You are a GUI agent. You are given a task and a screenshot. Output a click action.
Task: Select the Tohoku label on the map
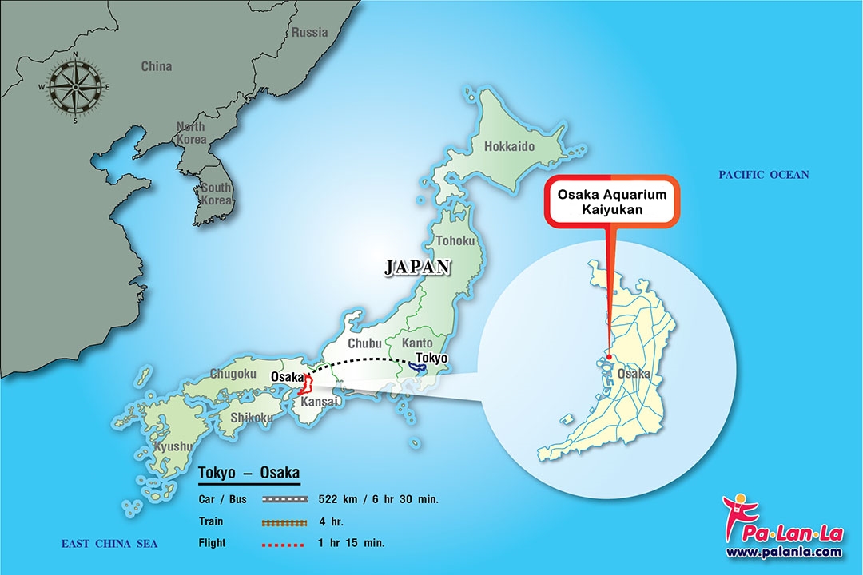[455, 240]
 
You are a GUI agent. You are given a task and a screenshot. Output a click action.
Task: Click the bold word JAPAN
[417, 268]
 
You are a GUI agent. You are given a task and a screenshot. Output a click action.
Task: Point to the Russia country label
[309, 33]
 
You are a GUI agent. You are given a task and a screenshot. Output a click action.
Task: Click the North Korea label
[191, 133]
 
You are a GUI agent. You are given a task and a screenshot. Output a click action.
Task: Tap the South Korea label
[216, 193]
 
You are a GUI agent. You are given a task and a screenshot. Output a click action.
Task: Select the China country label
[156, 66]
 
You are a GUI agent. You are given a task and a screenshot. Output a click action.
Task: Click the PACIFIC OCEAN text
[763, 175]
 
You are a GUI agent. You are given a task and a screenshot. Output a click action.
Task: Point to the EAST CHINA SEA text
[109, 544]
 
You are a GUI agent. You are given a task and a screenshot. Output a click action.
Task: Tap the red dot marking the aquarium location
[609, 357]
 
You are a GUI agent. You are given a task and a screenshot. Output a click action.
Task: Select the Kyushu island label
[172, 446]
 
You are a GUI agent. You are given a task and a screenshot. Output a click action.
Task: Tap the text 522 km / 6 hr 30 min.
[378, 499]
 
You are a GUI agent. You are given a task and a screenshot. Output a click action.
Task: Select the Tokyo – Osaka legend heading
[248, 473]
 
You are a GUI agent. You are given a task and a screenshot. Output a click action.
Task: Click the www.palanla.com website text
[783, 552]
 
